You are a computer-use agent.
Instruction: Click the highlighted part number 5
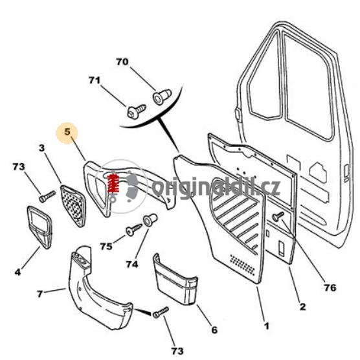pyautogui.click(x=67, y=132)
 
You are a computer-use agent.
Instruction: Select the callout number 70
pyautogui.click(x=122, y=62)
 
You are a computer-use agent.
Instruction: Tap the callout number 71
pyautogui.click(x=95, y=80)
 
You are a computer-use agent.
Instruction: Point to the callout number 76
pyautogui.click(x=330, y=287)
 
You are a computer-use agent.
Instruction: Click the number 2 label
pyautogui.click(x=302, y=306)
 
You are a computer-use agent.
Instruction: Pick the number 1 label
pyautogui.click(x=266, y=326)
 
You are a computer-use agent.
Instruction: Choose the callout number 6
pyautogui.click(x=214, y=330)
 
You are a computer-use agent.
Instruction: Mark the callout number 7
pyautogui.click(x=39, y=294)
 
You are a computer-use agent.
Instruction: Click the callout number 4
pyautogui.click(x=17, y=273)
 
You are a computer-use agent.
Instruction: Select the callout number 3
pyautogui.click(x=41, y=148)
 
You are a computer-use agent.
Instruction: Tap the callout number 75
pyautogui.click(x=106, y=246)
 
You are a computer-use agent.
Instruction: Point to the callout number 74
pyautogui.click(x=132, y=264)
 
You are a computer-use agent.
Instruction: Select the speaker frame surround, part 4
pyautogui.click(x=39, y=227)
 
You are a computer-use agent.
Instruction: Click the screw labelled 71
pyautogui.click(x=137, y=112)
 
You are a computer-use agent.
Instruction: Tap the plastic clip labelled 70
pyautogui.click(x=162, y=97)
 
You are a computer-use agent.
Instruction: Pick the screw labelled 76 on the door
pyautogui.click(x=278, y=216)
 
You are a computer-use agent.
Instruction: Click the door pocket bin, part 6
pyautogui.click(x=175, y=279)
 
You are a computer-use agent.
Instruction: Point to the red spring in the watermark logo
pyautogui.click(x=113, y=183)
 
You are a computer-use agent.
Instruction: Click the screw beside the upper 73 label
pyautogui.click(x=47, y=197)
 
